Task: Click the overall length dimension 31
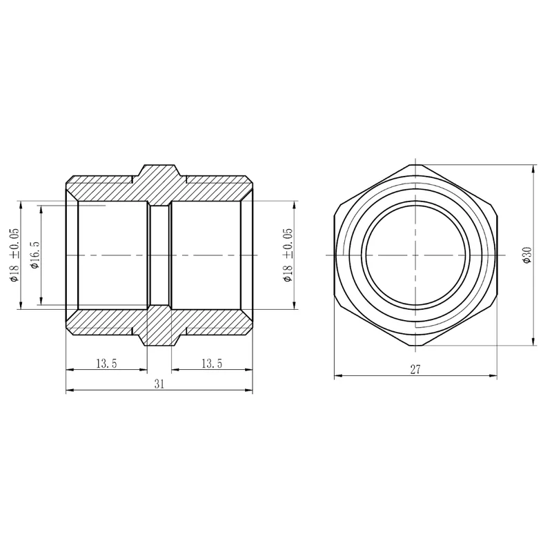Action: click(x=159, y=384)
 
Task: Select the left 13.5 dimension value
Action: click(x=106, y=364)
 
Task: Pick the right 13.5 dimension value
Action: click(x=212, y=364)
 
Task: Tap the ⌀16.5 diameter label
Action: click(x=35, y=255)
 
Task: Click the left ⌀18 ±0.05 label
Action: click(x=14, y=255)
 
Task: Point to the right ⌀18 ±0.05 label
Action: click(x=288, y=255)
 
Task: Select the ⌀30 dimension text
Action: click(x=527, y=255)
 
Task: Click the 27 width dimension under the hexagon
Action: click(x=415, y=370)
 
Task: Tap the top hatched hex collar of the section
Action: click(x=159, y=185)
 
